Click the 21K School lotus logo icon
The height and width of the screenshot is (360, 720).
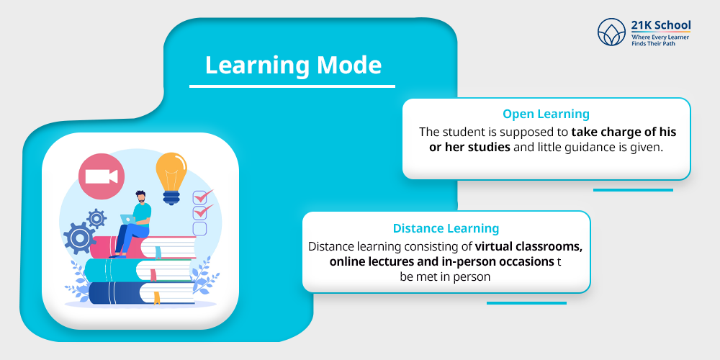point(612,32)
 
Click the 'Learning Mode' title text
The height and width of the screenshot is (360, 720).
point(293,66)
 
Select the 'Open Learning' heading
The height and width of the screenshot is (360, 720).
point(546,114)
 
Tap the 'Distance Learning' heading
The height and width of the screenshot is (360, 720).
point(446,228)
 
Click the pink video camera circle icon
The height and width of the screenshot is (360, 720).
point(102,176)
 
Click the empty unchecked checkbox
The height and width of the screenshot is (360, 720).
point(199,228)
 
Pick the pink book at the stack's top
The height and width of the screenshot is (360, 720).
point(166,247)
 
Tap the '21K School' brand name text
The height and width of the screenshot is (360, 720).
point(660,25)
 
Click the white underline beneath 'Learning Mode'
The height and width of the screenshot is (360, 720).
point(292,86)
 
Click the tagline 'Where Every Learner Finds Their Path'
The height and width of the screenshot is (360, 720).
point(660,41)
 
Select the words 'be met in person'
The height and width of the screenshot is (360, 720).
point(445,276)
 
